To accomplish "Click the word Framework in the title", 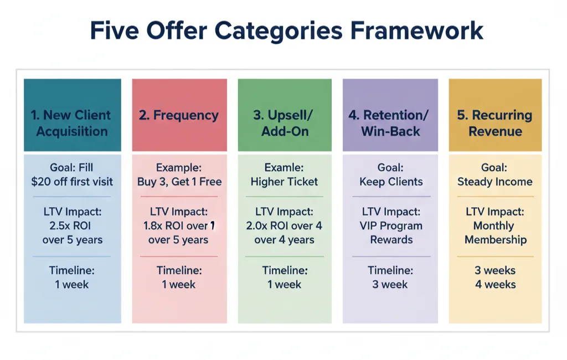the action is click(x=416, y=30).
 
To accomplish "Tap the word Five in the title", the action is click(x=114, y=30).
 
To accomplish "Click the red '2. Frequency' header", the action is click(x=179, y=115).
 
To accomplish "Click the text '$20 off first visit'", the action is click(x=72, y=182).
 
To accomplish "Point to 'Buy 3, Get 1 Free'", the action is click(x=179, y=182).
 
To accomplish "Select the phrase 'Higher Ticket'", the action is click(x=284, y=182).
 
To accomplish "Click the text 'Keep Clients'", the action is click(x=391, y=182).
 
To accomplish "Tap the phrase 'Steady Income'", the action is click(x=495, y=182).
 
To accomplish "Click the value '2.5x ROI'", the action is click(x=70, y=226).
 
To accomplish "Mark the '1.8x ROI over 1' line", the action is click(x=179, y=226).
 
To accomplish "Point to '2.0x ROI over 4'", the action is click(x=284, y=226).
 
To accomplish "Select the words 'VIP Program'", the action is click(x=391, y=226).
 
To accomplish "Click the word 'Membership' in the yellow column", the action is click(x=496, y=240).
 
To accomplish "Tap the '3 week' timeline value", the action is click(x=390, y=285).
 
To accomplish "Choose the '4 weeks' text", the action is click(x=496, y=284).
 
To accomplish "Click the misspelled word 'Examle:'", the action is click(x=284, y=167).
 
